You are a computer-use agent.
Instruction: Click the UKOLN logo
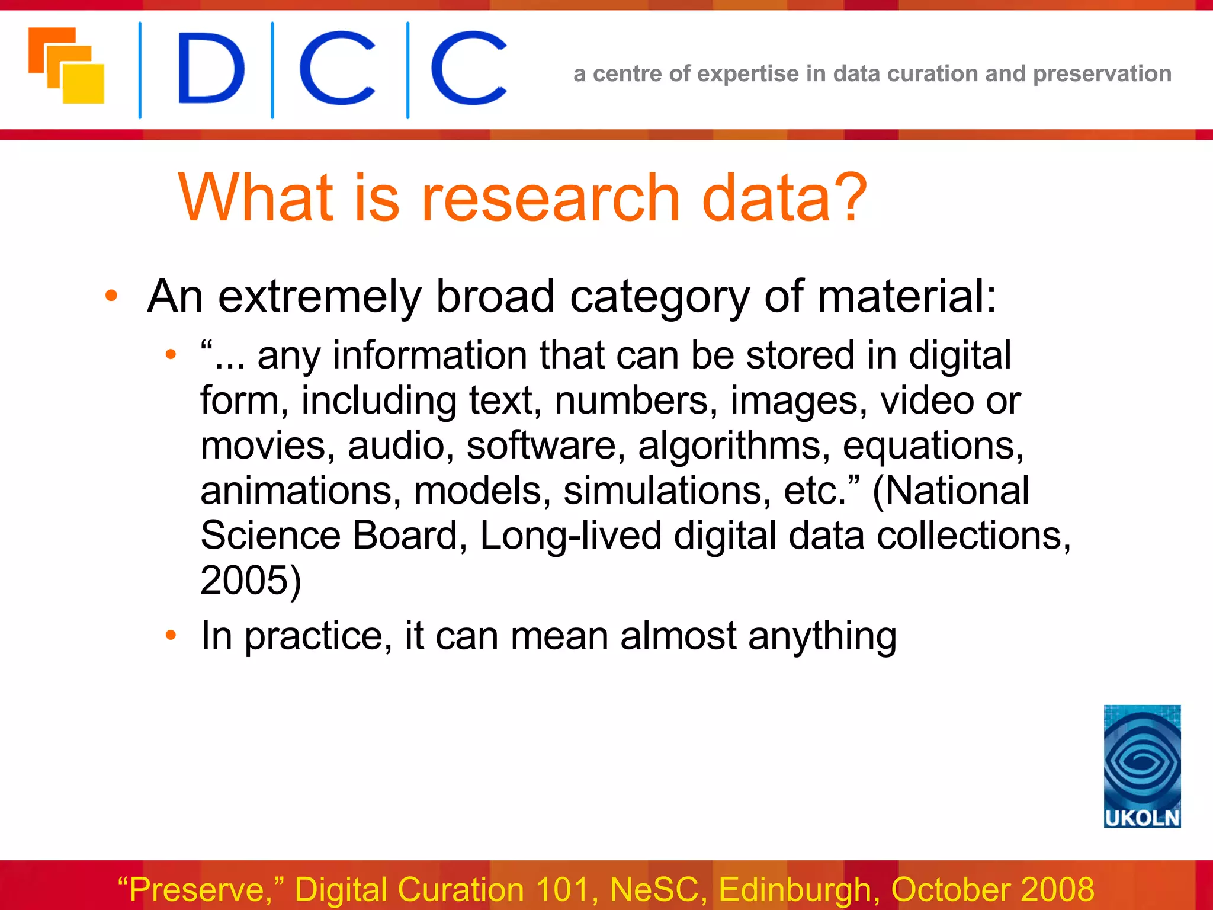[x=1141, y=765]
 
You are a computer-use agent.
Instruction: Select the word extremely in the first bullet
[x=319, y=296]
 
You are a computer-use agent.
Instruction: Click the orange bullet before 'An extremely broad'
[x=111, y=296]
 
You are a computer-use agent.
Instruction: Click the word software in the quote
[x=541, y=446]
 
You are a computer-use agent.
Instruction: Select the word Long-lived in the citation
[x=570, y=536]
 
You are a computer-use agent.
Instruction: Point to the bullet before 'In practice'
[x=171, y=636]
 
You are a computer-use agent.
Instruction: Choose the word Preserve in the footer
[x=198, y=889]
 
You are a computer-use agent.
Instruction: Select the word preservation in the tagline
[x=1102, y=74]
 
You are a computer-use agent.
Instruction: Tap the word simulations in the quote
[x=667, y=491]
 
